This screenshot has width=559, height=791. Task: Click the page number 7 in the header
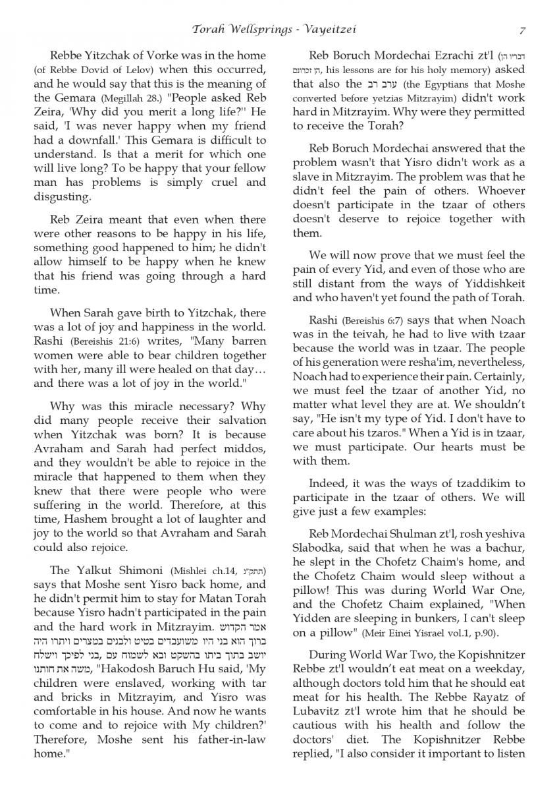521,30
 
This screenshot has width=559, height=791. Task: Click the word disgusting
61,196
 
